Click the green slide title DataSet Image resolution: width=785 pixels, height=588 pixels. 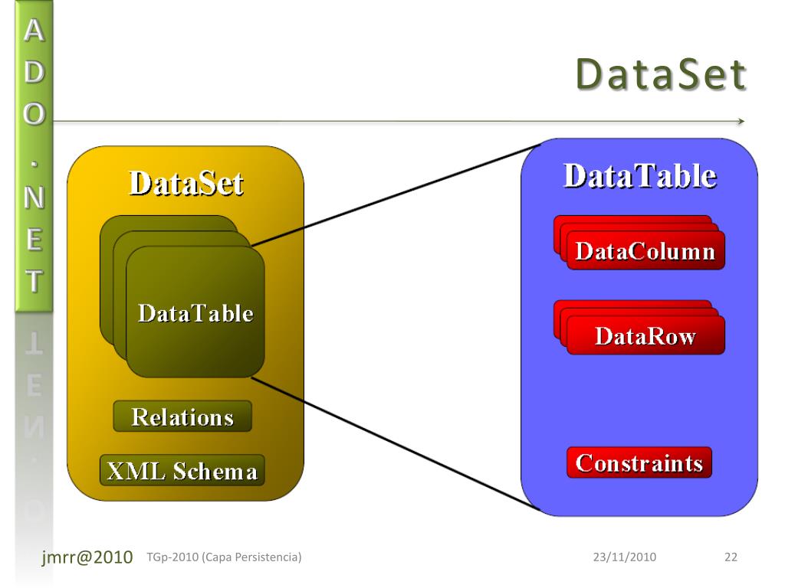pos(660,75)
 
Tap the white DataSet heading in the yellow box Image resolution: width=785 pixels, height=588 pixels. pos(186,184)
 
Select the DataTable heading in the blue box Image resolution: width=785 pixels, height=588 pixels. pos(639,176)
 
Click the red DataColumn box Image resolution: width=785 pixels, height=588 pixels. pos(645,252)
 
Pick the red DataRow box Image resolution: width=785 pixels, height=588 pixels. pos(645,337)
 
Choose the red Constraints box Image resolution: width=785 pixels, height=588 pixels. pos(639,463)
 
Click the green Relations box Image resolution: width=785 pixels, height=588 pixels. pos(182,416)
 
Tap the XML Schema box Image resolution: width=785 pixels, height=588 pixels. pos(182,470)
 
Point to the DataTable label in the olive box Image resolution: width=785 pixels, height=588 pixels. pos(195,313)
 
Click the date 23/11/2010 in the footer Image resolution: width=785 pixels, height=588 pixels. pos(624,557)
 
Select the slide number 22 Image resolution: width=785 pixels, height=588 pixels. pos(731,557)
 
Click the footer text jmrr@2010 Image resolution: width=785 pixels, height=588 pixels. pos(87,557)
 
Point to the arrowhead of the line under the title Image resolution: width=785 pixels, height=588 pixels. pos(741,121)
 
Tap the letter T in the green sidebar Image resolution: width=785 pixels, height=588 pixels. pos(34,281)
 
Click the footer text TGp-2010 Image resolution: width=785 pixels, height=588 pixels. pos(166,557)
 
